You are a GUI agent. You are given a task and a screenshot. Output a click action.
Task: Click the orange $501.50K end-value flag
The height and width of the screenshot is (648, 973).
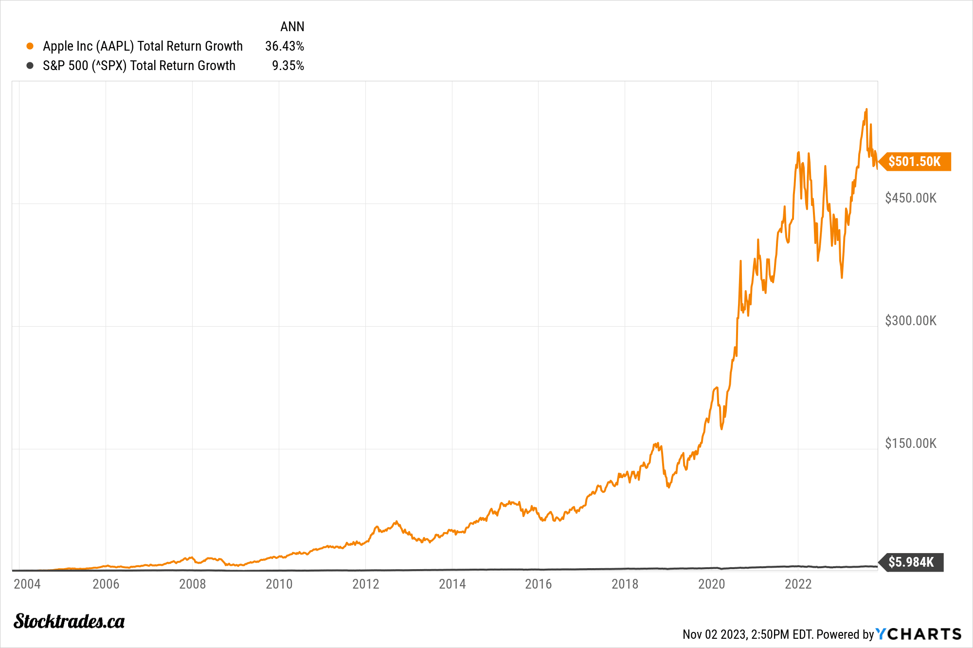(914, 161)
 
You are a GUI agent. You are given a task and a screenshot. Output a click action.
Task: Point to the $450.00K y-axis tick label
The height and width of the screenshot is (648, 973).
(910, 198)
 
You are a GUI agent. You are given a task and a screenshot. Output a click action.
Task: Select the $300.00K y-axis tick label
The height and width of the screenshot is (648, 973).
(910, 321)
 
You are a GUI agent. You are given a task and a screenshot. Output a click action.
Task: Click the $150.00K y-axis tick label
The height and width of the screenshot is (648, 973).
(910, 444)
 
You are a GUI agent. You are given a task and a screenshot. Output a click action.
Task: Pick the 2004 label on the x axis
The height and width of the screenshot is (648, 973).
(27, 584)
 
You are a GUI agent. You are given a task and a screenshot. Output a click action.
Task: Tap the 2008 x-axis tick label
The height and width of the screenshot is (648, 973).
(192, 584)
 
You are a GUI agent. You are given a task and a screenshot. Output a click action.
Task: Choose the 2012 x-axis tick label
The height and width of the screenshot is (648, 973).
(365, 584)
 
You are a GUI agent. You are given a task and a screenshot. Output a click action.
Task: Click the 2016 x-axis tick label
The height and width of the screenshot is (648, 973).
(538, 584)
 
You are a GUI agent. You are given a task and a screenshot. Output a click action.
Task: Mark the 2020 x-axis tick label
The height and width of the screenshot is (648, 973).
(711, 584)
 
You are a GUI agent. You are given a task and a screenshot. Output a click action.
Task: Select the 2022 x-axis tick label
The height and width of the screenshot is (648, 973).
(798, 584)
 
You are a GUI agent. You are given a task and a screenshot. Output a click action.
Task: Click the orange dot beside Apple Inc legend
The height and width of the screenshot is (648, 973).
(30, 46)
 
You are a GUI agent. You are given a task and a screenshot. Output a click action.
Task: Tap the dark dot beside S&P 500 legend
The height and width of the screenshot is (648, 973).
(30, 66)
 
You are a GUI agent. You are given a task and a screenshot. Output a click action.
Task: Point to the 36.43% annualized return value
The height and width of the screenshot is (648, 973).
(284, 46)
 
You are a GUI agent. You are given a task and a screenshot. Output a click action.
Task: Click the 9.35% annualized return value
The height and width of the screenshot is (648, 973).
(288, 66)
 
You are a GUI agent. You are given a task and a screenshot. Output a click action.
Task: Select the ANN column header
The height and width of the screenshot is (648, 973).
(292, 27)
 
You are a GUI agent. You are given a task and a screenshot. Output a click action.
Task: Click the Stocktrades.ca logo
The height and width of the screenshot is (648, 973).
(69, 621)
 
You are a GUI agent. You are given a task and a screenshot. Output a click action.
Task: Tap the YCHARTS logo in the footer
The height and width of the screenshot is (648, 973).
(919, 634)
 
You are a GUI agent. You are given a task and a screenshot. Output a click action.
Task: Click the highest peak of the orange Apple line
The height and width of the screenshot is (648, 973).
(866, 109)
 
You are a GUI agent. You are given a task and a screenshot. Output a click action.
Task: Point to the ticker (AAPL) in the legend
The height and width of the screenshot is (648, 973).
(115, 46)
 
